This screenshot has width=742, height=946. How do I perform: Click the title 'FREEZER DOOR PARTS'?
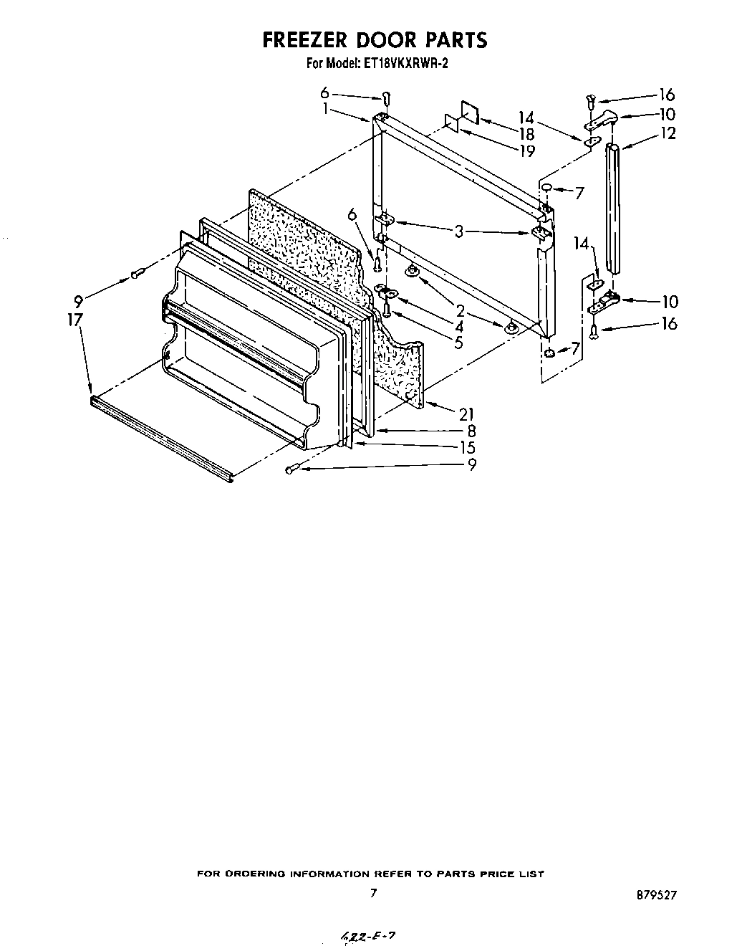(375, 39)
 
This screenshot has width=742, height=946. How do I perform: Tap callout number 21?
(467, 414)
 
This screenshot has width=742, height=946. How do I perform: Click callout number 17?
(75, 320)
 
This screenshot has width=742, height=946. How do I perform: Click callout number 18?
(527, 134)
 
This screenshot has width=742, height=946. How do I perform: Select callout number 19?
(527, 151)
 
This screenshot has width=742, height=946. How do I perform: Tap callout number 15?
(467, 447)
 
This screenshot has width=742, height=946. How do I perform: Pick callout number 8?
(471, 431)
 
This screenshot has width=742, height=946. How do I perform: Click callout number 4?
(458, 326)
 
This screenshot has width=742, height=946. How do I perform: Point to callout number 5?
(458, 343)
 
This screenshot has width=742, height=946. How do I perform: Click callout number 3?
(459, 231)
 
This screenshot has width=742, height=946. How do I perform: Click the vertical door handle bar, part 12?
(614, 208)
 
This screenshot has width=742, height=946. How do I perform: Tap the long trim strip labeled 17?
(161, 438)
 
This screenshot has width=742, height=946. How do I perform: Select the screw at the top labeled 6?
(385, 97)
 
